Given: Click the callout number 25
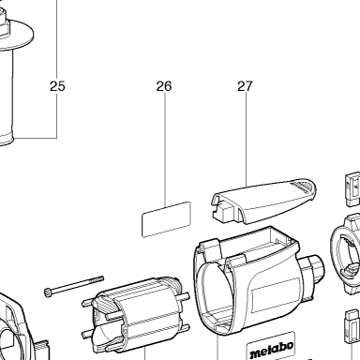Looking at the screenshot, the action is coord(57,86).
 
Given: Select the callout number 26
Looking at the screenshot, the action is coord(164,86).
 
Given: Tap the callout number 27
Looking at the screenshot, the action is coord(245,86).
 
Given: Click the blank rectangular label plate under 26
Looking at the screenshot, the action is coord(166,219).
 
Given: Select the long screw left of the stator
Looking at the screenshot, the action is coord(74,286).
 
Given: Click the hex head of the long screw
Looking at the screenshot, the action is coord(48,292).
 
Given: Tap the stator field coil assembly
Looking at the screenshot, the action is coord(136,316).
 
